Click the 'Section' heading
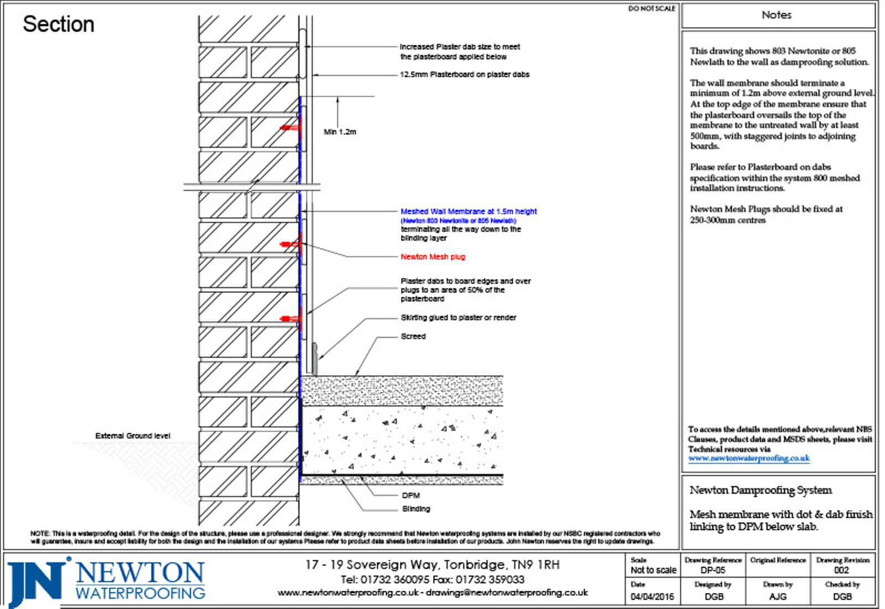(59, 24)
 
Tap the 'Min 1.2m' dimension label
(340, 132)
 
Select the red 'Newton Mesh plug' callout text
(433, 257)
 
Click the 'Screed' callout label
(413, 336)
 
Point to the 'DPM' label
(411, 495)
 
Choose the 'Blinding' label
(416, 508)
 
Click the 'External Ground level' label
(133, 435)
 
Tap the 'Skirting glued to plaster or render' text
(458, 318)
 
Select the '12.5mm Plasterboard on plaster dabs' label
(465, 75)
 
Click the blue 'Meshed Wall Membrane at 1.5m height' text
(468, 211)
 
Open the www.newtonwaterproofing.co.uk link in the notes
(749, 458)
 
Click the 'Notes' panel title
(777, 15)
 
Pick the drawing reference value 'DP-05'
(712, 570)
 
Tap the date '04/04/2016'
(653, 597)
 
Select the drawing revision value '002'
(841, 570)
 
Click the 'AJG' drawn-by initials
(778, 597)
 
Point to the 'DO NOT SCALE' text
(652, 9)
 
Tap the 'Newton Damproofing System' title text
(761, 490)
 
